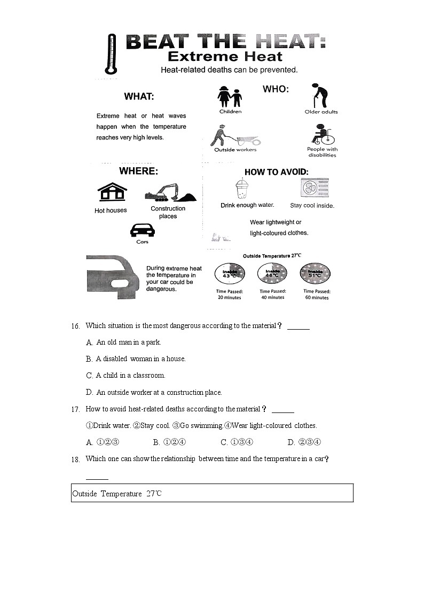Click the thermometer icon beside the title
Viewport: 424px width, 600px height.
coord(111,54)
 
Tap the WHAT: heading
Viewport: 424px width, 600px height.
coord(139,97)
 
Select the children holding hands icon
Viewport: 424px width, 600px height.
coord(230,97)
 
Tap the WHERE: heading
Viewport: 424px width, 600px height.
coord(138,172)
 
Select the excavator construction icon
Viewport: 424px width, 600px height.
coord(169,193)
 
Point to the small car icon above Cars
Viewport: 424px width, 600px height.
coord(142,230)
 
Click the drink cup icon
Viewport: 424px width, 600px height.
coord(243,189)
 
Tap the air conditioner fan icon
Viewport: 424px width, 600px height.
coord(315,188)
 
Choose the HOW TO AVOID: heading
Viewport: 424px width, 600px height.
coord(276,172)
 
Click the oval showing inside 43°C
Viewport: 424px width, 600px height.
coord(230,274)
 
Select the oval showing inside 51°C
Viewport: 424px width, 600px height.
coord(315,274)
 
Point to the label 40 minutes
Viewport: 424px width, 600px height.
coord(272,298)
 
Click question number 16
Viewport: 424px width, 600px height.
coord(75,326)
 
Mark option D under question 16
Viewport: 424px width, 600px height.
coord(89,392)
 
